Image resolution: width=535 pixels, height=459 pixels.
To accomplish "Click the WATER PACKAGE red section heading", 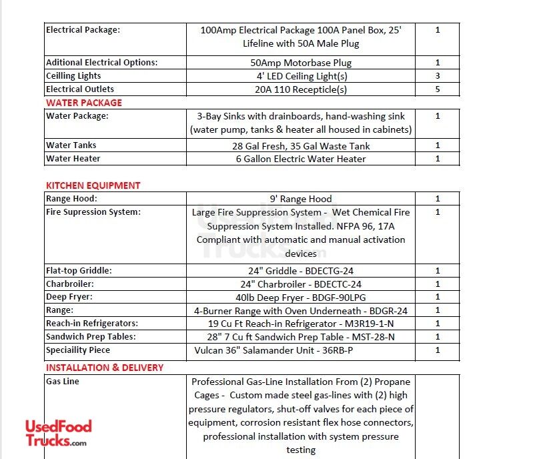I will point(84,103).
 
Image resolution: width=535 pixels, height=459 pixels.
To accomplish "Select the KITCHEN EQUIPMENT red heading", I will point(93,185).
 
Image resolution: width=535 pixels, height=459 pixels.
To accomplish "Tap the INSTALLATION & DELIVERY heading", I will point(105,368).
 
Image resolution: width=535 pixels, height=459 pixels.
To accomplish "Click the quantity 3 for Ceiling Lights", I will point(438,76).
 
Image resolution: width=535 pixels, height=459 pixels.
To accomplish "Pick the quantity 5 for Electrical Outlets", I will point(438,89).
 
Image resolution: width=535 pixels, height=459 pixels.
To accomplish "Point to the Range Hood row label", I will point(71,199).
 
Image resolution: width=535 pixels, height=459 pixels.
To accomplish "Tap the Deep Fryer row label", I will point(69,297).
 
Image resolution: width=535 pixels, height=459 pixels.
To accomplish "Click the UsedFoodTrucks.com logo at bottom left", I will point(58,433).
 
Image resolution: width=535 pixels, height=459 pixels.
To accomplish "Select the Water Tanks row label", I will point(71,145).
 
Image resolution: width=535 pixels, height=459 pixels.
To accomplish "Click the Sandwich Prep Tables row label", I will point(90,337).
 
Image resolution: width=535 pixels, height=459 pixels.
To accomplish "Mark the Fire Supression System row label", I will point(93,212).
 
